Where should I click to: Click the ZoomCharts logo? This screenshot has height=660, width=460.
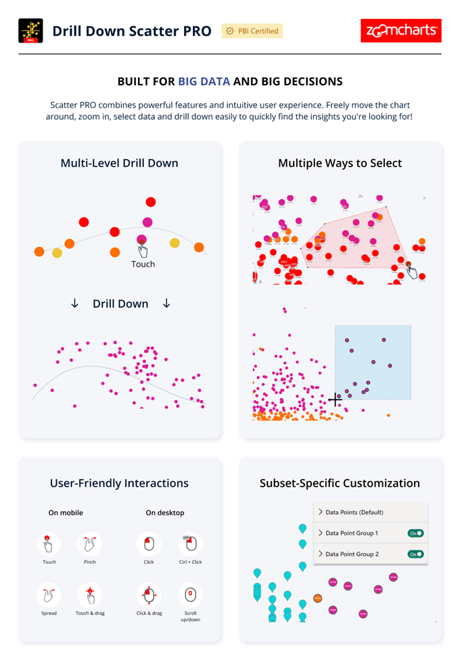tap(401, 31)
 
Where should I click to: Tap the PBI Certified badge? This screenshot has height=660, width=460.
tap(251, 31)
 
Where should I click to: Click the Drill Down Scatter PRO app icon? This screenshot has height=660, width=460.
tap(30, 31)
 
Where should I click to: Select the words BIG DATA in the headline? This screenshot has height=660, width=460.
tap(204, 82)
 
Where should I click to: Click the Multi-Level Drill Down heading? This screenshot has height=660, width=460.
tap(119, 163)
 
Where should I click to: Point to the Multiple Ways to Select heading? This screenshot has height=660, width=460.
tap(340, 163)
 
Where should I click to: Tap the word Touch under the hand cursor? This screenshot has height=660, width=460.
tap(143, 264)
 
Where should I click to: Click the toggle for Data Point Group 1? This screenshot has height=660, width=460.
tap(415, 533)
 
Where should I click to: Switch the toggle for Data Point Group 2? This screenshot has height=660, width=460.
tap(415, 554)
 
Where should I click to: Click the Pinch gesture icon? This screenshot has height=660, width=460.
tap(89, 543)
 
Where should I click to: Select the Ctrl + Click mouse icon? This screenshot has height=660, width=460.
tap(190, 543)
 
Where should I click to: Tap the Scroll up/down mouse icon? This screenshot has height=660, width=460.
tap(190, 596)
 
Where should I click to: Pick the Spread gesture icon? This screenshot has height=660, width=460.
tap(49, 596)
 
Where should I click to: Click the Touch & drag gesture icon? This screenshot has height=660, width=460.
tap(89, 596)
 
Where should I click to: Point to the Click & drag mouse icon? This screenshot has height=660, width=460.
tap(149, 596)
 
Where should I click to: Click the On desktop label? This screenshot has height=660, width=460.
tap(165, 512)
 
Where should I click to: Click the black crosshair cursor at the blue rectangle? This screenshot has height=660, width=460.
tap(336, 400)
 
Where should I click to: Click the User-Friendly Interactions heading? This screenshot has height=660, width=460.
tap(119, 483)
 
